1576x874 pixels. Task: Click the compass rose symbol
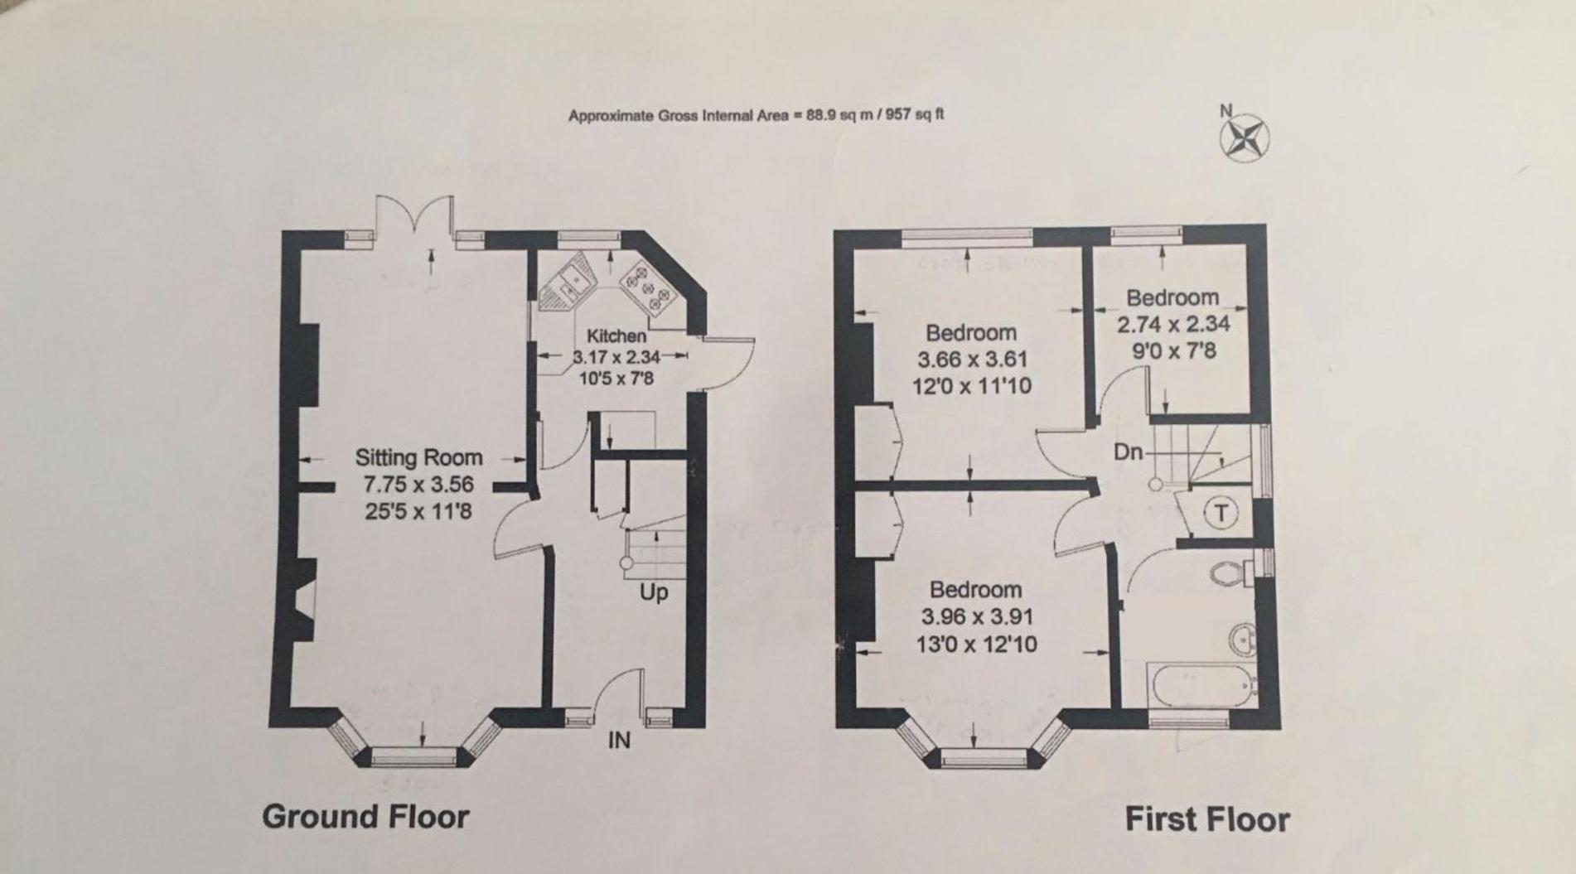1245,138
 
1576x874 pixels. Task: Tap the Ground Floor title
365,817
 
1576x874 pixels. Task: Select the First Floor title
1207,819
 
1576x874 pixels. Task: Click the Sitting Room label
418,457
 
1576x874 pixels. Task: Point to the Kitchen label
616,336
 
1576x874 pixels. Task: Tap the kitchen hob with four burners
649,287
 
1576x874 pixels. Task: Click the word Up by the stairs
654,593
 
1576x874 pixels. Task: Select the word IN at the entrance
619,741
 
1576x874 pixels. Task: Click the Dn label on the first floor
1128,452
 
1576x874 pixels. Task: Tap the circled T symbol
1220,513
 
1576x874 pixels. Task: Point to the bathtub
1201,684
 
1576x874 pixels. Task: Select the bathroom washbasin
1240,638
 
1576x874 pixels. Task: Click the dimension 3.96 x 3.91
977,617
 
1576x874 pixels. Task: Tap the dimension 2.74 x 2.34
1172,324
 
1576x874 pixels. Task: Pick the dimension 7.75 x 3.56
418,484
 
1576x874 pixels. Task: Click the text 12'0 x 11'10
972,386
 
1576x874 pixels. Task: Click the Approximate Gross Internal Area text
756,115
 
